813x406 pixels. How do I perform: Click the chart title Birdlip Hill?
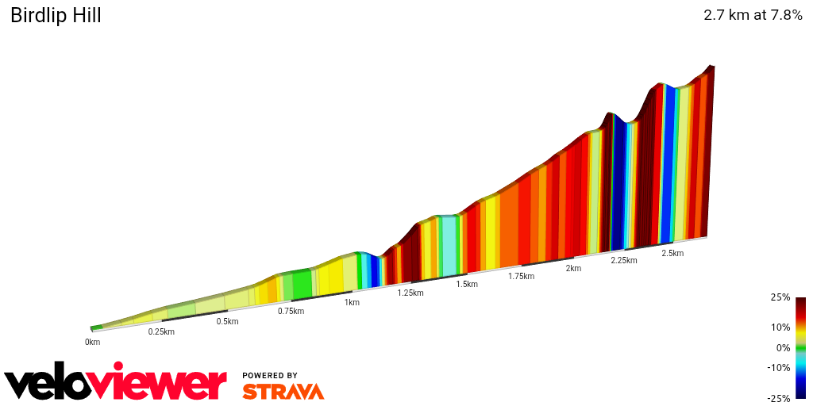(56, 16)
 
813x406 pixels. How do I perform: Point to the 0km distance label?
(93, 342)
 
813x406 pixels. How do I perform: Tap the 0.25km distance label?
(161, 331)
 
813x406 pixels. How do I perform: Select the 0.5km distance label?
(228, 321)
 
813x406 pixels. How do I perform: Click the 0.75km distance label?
(291, 311)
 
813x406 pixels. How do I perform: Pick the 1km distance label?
(352, 302)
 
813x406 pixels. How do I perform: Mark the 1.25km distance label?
(410, 293)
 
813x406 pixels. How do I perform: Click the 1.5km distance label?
(467, 284)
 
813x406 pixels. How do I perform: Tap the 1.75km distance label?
(521, 276)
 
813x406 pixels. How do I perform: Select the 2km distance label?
(573, 268)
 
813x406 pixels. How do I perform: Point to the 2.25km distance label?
(624, 260)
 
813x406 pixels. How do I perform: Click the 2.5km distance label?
(672, 253)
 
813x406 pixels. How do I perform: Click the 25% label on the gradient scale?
(781, 297)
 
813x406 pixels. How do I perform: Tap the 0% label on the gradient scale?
(783, 347)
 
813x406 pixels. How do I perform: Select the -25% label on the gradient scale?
(780, 398)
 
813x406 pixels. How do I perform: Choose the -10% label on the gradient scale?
(780, 367)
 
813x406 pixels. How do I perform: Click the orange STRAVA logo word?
(283, 391)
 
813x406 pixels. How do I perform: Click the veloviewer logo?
(116, 384)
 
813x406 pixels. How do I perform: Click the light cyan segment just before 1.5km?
(449, 245)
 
